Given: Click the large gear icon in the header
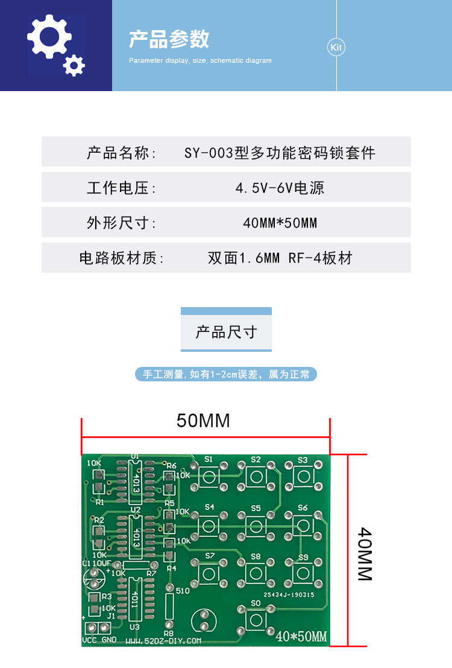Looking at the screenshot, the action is pyautogui.click(x=49, y=37).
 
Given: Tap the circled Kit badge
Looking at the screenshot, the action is pyautogui.click(x=336, y=47).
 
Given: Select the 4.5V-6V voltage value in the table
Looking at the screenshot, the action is pyautogui.click(x=280, y=188).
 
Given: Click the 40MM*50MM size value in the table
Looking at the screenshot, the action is pyautogui.click(x=280, y=223).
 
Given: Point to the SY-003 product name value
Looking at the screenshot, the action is pyautogui.click(x=280, y=153).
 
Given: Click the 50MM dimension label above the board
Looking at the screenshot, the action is pyautogui.click(x=203, y=421).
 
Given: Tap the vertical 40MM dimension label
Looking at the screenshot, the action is pyautogui.click(x=365, y=554).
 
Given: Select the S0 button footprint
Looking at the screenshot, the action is pyautogui.click(x=256, y=619).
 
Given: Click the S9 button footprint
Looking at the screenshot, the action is pyautogui.click(x=303, y=573).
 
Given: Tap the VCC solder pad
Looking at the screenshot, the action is pyautogui.click(x=92, y=628).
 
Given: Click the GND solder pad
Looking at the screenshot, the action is pyautogui.click(x=104, y=628).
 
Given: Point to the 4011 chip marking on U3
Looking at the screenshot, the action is pyautogui.click(x=135, y=599).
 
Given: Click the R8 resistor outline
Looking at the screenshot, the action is pyautogui.click(x=169, y=606).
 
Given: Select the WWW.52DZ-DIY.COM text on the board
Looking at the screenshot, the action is pyautogui.click(x=163, y=641).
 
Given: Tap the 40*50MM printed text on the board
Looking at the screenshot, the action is pyautogui.click(x=301, y=637).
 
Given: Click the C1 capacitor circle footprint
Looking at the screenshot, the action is pyautogui.click(x=94, y=579).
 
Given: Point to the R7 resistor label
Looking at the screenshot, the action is pyautogui.click(x=151, y=573).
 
